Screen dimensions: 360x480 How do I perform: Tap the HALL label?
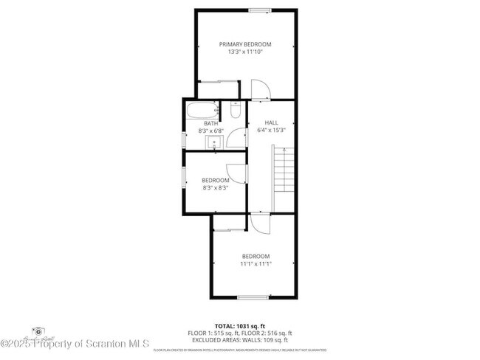(x=271, y=122)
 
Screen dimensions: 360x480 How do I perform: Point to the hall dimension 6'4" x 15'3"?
(x=271, y=130)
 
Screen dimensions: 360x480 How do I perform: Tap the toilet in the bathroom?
(x=235, y=111)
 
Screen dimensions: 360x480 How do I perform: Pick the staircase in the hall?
(x=284, y=178)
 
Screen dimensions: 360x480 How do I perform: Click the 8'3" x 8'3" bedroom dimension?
(x=215, y=187)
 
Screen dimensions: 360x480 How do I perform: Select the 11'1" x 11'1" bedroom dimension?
(x=256, y=263)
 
